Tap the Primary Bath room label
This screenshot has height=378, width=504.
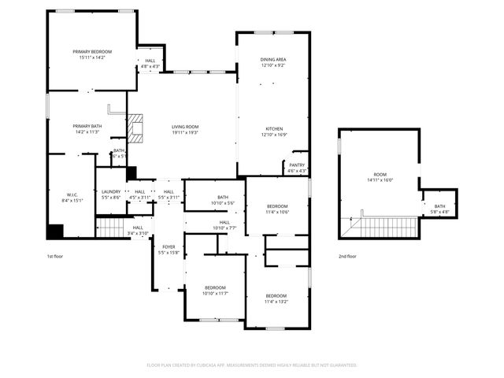(x=87, y=129)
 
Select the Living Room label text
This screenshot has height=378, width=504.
(x=185, y=129)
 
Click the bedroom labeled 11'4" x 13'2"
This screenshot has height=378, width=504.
(x=276, y=298)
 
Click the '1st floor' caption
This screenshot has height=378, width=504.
(x=54, y=257)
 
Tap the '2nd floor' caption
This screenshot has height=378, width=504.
(x=346, y=257)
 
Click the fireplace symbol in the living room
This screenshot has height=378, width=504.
(x=139, y=129)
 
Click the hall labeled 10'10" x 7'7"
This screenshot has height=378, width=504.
(x=224, y=225)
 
